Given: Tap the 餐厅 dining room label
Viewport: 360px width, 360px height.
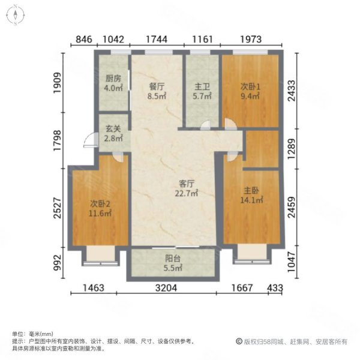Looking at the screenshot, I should pyautogui.click(x=157, y=86).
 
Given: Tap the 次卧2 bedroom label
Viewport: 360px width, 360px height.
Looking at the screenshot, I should pyautogui.click(x=100, y=202).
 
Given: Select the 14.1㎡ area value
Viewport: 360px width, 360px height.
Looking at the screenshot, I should pyautogui.click(x=251, y=201).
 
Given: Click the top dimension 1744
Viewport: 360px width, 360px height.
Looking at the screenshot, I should pyautogui.click(x=157, y=40).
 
